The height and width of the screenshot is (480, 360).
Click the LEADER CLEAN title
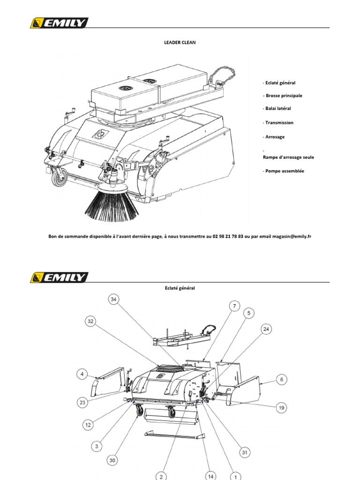pyautogui.click(x=180, y=42)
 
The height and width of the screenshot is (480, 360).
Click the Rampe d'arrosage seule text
pyautogui.click(x=288, y=157)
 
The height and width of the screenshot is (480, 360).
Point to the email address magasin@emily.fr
pyautogui.click(x=292, y=237)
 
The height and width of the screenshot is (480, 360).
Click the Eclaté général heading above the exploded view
pyautogui.click(x=180, y=288)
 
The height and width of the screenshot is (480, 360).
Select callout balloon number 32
pyautogui.click(x=91, y=322)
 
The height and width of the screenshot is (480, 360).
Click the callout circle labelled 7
pyautogui.click(x=233, y=306)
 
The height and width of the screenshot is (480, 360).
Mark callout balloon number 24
pyautogui.click(x=266, y=329)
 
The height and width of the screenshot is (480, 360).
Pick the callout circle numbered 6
pyautogui.click(x=281, y=380)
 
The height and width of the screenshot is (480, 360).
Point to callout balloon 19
pyautogui.click(x=282, y=408)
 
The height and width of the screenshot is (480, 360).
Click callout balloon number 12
pyautogui.click(x=88, y=425)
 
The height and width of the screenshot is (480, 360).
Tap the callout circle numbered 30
pyautogui.click(x=112, y=461)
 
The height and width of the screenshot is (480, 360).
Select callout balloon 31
pyautogui.click(x=244, y=452)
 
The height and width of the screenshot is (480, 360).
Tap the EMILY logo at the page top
pyautogui.click(x=59, y=23)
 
